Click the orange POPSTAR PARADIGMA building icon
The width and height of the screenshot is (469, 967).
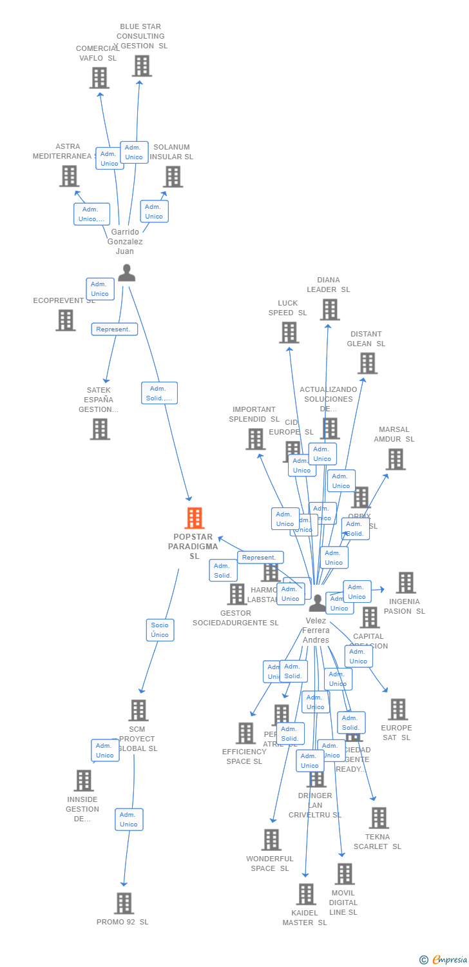click(195, 518)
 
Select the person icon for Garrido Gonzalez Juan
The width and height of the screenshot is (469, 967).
click(126, 273)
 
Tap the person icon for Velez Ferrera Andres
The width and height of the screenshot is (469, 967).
click(317, 603)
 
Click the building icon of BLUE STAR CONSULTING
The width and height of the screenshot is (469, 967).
click(142, 66)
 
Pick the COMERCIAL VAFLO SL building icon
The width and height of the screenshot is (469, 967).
click(99, 78)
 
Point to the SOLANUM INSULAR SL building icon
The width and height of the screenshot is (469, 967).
click(173, 177)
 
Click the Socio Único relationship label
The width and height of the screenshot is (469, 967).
click(160, 630)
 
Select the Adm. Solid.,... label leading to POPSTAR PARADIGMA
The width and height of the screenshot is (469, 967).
click(159, 393)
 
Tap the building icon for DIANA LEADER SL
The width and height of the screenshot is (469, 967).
click(329, 309)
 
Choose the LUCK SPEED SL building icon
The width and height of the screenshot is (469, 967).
click(289, 333)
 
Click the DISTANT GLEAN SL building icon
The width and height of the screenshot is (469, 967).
click(367, 364)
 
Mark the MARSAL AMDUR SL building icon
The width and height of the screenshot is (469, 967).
click(395, 459)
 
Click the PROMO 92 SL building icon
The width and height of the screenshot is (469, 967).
click(124, 903)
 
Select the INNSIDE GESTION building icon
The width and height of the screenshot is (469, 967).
click(83, 781)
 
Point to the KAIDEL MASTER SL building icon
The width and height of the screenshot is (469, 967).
click(305, 894)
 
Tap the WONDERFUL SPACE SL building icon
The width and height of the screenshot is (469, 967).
click(271, 840)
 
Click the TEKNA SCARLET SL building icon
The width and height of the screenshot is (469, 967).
click(379, 818)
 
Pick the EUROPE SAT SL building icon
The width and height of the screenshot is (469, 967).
click(397, 710)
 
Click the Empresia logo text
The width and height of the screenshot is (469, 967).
click(450, 960)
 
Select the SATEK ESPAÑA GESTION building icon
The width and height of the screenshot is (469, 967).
click(100, 429)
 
